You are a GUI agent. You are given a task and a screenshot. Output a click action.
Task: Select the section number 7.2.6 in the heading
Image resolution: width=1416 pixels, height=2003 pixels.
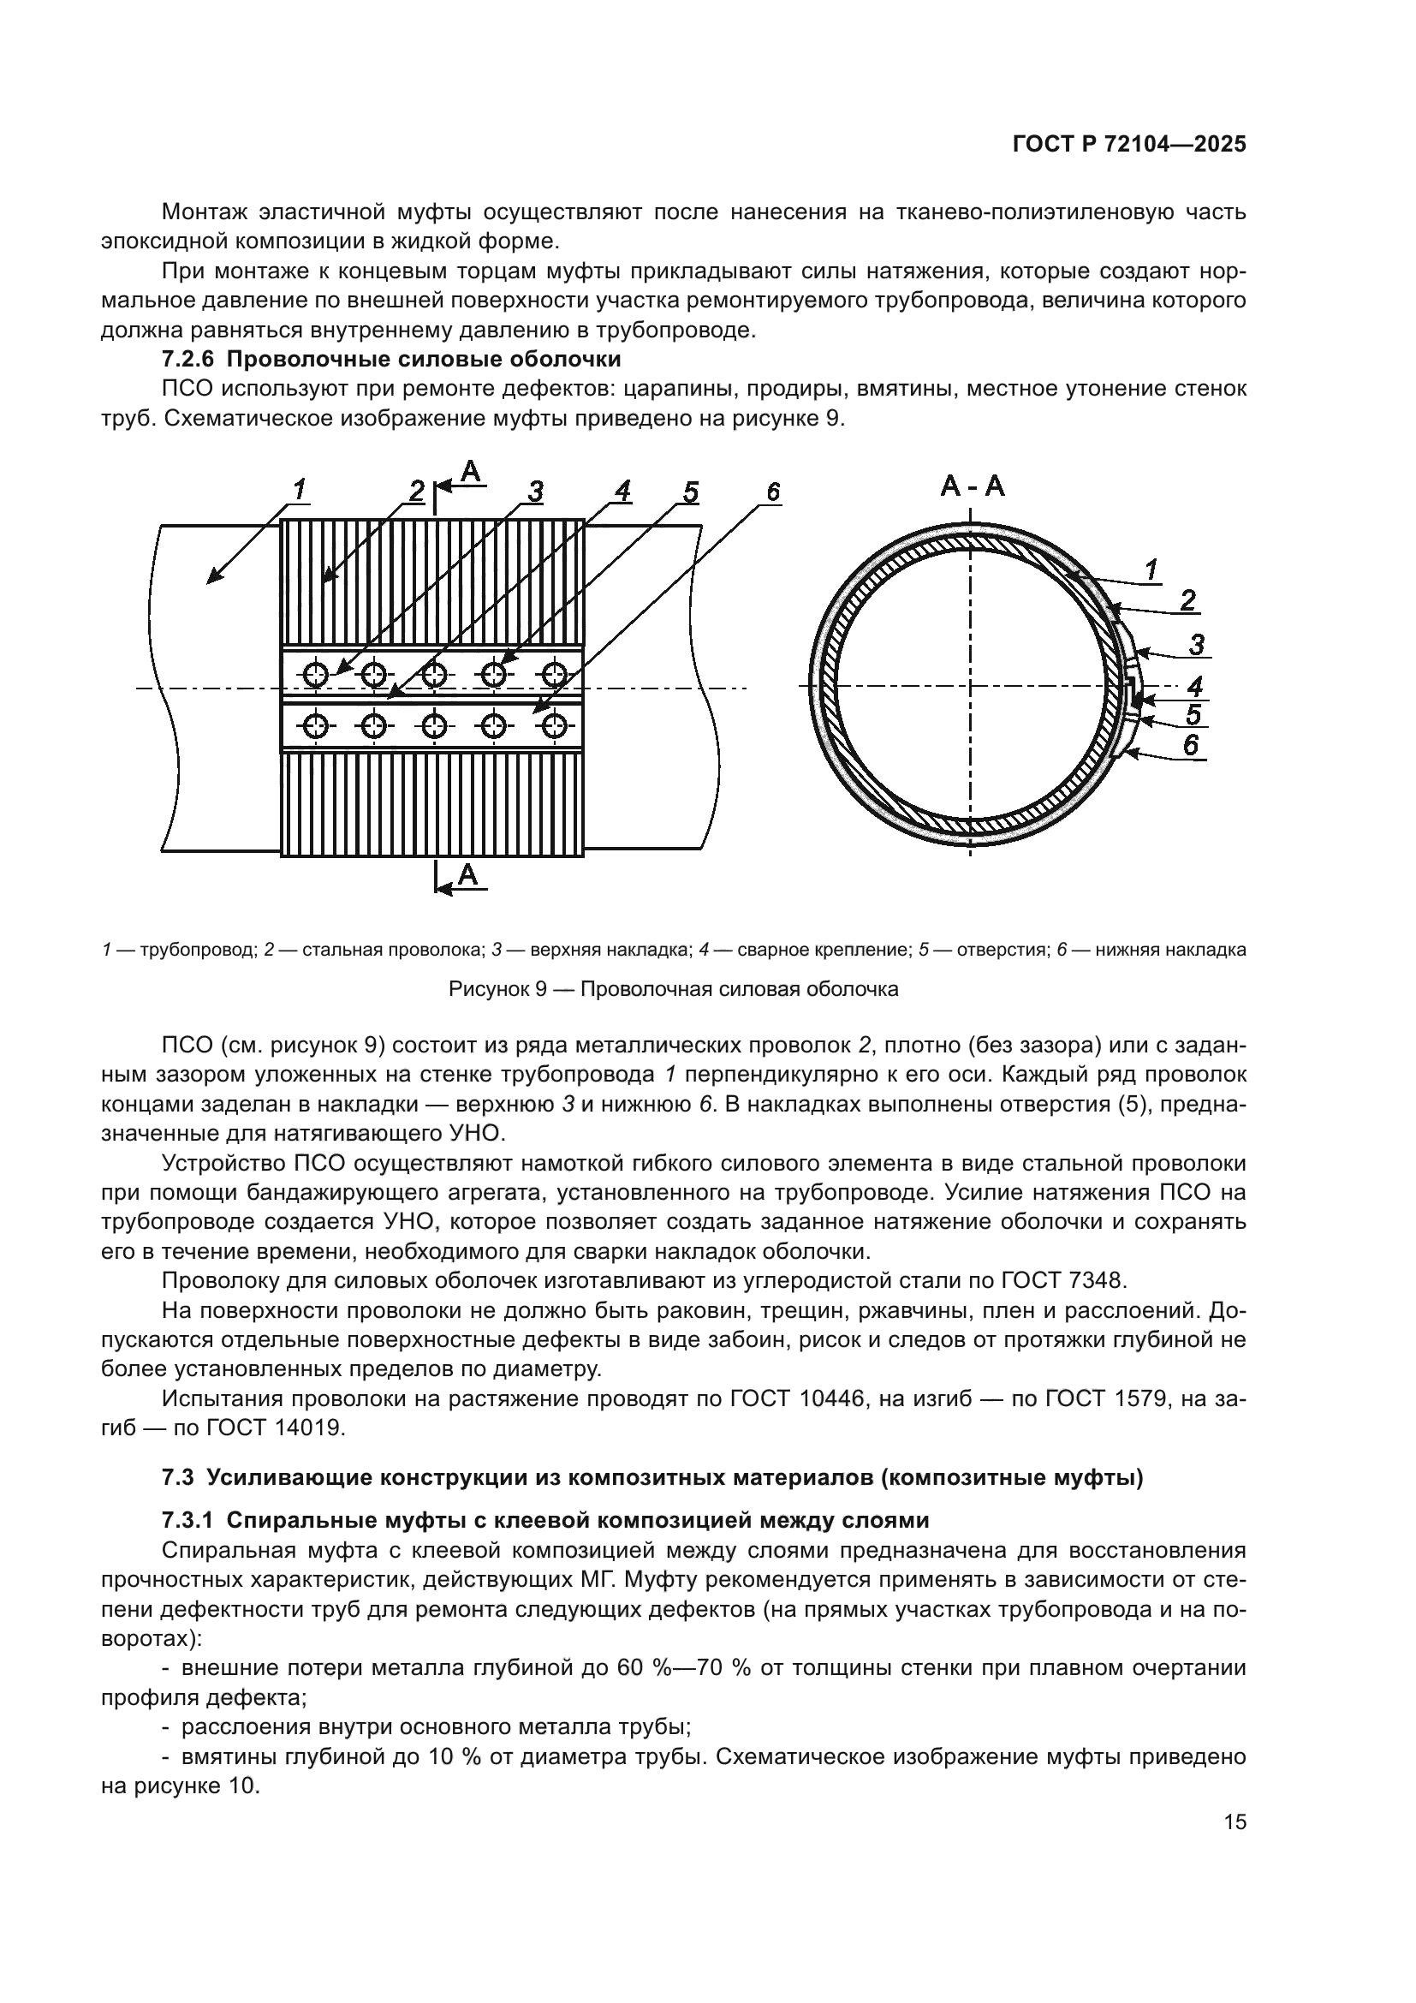187,360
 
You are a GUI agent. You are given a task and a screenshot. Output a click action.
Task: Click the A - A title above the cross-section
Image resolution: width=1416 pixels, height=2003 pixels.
973,486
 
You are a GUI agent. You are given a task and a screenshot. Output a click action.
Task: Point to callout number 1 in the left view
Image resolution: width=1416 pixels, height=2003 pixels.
299,491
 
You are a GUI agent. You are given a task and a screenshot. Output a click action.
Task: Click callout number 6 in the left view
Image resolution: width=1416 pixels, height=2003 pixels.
772,493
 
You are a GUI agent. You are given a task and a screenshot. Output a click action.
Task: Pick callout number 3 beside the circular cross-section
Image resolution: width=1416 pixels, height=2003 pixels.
1196,646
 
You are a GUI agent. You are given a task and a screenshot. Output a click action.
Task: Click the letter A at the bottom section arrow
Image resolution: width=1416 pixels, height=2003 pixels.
468,873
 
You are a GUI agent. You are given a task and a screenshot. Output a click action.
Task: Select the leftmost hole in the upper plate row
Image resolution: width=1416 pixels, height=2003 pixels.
315,673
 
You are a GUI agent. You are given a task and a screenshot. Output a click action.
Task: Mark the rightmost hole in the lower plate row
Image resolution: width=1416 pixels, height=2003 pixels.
555,726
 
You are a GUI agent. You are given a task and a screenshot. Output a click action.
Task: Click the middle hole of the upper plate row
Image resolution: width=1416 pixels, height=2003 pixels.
434,673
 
